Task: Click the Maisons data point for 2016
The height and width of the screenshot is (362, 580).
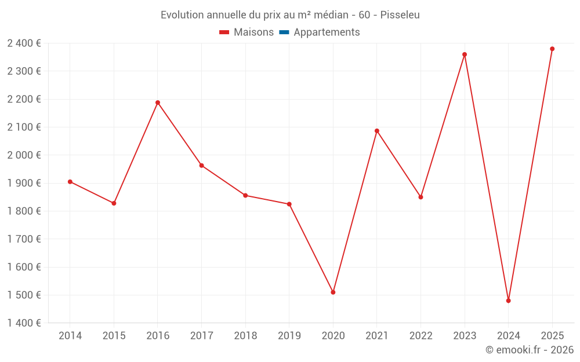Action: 158,103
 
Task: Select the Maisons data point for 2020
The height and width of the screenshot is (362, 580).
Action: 333,292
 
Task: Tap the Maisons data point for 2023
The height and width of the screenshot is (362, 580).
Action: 465,54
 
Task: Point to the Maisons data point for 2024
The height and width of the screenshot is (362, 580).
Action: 509,301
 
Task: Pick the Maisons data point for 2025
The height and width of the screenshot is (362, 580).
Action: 552,49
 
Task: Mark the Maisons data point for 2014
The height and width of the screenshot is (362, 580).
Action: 70,182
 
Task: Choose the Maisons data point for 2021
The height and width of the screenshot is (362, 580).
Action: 377,131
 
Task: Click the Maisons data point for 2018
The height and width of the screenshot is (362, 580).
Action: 245,195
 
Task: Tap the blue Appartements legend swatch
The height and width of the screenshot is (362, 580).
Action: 284,32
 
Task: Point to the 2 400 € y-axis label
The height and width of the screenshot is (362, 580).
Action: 24,43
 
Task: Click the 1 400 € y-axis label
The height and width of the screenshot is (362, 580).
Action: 24,323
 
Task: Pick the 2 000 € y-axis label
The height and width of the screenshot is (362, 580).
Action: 24,155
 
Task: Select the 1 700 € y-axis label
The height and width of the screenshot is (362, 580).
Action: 24,239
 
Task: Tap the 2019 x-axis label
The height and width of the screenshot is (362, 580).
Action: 289,336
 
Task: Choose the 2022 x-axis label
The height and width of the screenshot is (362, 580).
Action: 421,336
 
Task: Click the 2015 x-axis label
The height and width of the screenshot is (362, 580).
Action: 114,336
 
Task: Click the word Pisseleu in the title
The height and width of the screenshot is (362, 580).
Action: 400,15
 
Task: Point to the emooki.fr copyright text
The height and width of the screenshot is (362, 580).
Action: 530,350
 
